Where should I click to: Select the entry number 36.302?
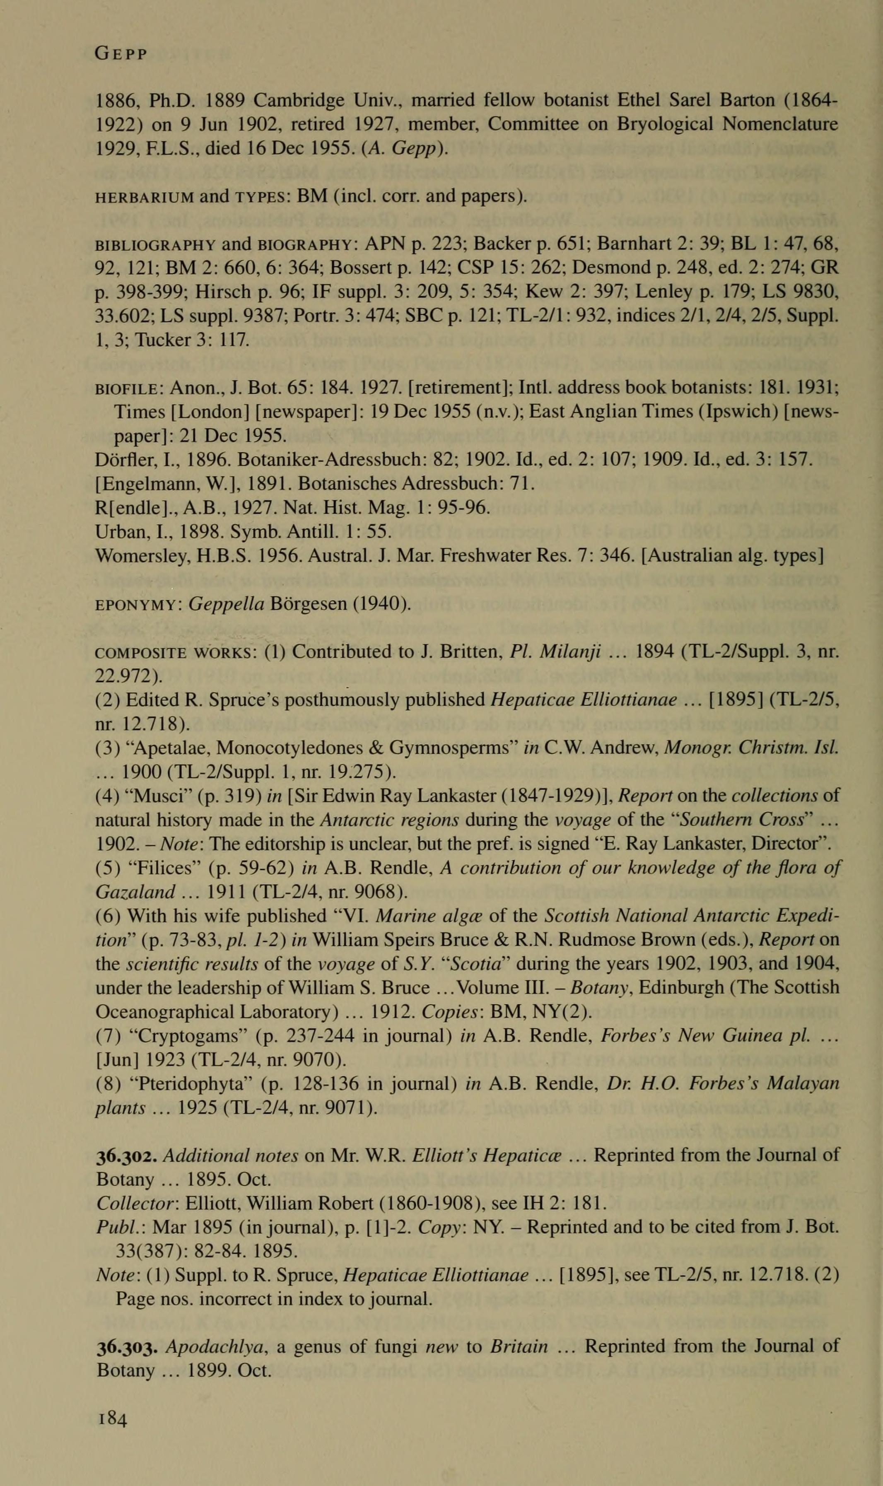pos(127,1155)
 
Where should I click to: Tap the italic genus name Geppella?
pos(226,604)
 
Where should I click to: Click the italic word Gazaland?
pos(135,893)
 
